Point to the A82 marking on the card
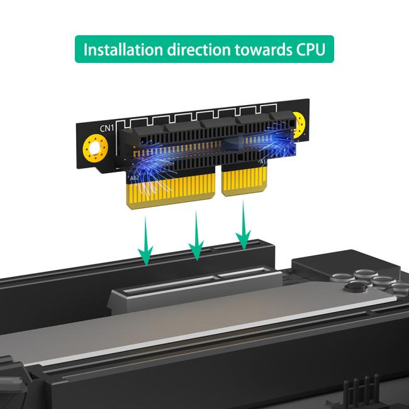(133, 179)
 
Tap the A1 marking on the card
(263, 164)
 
